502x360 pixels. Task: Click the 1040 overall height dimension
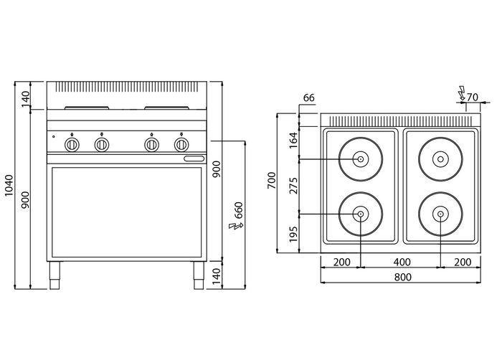click(x=9, y=186)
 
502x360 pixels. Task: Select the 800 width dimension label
click(x=403, y=277)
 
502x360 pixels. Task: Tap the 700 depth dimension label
click(x=272, y=180)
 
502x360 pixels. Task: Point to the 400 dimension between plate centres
click(x=402, y=262)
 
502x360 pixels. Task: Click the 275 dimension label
click(x=293, y=186)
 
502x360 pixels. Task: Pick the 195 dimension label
click(x=293, y=234)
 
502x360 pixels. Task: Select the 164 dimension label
click(x=293, y=140)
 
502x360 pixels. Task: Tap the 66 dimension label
click(x=308, y=98)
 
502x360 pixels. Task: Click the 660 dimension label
click(x=239, y=210)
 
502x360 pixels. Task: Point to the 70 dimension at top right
click(x=473, y=97)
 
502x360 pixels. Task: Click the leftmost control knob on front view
click(x=72, y=145)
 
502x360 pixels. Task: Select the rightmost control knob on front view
click(x=181, y=145)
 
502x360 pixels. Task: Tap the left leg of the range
click(x=55, y=275)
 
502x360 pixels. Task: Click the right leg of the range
click(x=199, y=275)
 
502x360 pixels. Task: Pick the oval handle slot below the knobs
click(x=194, y=158)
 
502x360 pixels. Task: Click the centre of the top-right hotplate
click(x=440, y=159)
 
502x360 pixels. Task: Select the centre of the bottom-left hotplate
click(x=361, y=214)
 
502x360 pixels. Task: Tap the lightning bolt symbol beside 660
click(x=236, y=226)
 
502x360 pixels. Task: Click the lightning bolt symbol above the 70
click(x=461, y=93)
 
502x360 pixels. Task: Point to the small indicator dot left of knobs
click(x=54, y=137)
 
